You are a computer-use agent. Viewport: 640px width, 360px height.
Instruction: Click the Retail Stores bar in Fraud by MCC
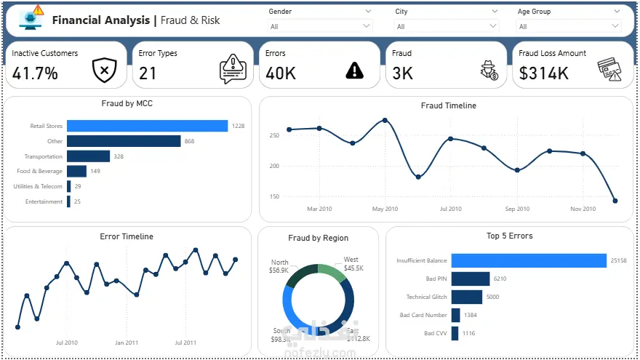pyautogui.click(x=147, y=126)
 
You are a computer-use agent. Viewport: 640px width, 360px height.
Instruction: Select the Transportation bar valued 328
pyautogui.click(x=88, y=156)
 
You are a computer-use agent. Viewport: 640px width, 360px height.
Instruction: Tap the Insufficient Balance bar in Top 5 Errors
pyautogui.click(x=528, y=260)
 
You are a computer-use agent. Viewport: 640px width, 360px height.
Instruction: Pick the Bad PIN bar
pyautogui.click(x=470, y=279)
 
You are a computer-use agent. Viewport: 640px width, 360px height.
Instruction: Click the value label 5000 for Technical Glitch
pyautogui.click(x=492, y=297)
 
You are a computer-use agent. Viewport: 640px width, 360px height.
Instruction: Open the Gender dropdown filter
pyautogui.click(x=320, y=27)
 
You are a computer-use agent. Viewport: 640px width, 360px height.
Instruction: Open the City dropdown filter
pyautogui.click(x=447, y=27)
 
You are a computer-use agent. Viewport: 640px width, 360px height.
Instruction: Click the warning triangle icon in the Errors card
pyautogui.click(x=354, y=70)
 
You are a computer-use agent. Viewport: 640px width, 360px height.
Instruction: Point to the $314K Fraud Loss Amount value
pyautogui.click(x=544, y=73)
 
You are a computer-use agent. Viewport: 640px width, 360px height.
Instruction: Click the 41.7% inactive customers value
pyautogui.click(x=35, y=73)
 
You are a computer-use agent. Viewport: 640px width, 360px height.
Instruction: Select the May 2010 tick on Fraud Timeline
pyautogui.click(x=385, y=209)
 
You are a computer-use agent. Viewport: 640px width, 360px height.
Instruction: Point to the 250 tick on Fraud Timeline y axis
pyautogui.click(x=273, y=135)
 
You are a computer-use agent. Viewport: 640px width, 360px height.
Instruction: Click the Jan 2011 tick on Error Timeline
pyautogui.click(x=127, y=342)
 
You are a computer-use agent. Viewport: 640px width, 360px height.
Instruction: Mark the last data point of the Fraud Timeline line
pyautogui.click(x=615, y=201)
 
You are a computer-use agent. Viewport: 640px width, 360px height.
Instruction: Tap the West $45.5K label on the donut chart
pyautogui.click(x=352, y=264)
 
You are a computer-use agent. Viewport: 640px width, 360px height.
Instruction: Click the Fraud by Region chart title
pyautogui.click(x=318, y=238)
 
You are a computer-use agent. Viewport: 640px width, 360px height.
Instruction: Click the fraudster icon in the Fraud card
pyautogui.click(x=488, y=70)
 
